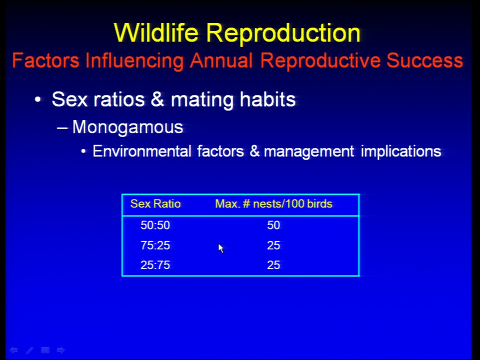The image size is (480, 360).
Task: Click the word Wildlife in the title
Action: [x=156, y=32]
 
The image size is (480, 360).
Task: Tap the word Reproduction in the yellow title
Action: [x=283, y=34]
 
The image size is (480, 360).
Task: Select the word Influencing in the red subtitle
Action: [x=134, y=61]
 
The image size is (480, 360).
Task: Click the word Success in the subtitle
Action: [x=424, y=60]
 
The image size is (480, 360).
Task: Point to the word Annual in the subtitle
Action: [x=221, y=60]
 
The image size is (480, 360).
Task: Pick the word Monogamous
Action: [x=127, y=127]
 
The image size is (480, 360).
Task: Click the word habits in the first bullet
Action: [x=267, y=99]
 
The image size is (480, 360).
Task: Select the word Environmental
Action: [x=141, y=151]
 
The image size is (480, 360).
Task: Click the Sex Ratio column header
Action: [x=155, y=204]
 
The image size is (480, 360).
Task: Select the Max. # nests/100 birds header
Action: [x=273, y=204]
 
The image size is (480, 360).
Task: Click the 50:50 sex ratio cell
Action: [x=155, y=225]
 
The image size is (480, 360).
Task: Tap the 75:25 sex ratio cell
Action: [x=155, y=245]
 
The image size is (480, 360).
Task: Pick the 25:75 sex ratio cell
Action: [x=155, y=265]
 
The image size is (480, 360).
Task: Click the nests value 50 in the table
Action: [x=273, y=225]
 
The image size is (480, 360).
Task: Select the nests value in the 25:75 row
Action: [x=273, y=265]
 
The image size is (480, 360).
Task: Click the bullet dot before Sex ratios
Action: [x=37, y=99]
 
